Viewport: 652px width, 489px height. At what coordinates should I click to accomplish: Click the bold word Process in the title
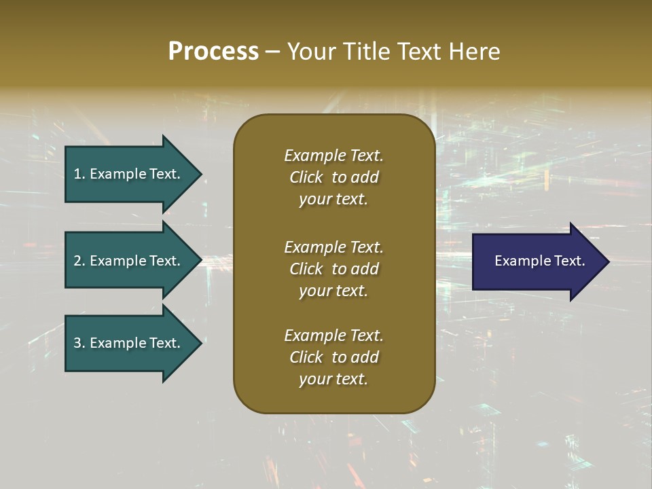213,52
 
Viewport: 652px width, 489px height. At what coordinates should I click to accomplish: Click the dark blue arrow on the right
537,261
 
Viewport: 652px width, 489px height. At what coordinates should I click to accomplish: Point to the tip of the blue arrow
608,261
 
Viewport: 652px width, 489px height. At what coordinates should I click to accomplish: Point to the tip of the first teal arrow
201,174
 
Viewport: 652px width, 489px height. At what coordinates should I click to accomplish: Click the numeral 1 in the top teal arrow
77,174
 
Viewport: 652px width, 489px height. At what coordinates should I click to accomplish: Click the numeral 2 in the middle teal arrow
77,261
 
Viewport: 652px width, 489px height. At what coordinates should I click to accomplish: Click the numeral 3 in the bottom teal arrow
77,343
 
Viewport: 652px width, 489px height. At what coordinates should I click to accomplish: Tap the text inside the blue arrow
539,261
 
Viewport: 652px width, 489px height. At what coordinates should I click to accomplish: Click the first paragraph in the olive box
333,177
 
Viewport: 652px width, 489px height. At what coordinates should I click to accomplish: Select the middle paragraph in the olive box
333,269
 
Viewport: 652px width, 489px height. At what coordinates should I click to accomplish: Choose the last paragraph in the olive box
333,357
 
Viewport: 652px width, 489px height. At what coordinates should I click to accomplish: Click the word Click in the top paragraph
306,177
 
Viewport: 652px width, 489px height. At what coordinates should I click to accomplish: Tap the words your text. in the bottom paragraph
333,379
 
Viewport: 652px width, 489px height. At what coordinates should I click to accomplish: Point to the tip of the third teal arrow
201,343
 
